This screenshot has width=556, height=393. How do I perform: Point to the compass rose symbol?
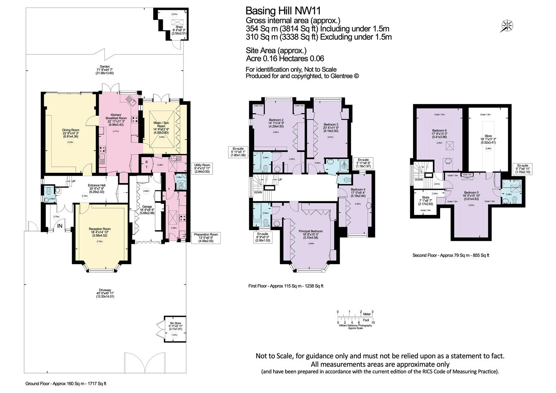[x=507, y=26]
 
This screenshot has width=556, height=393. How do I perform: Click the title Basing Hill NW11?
[x=283, y=11]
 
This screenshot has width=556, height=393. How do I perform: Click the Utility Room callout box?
[x=200, y=168]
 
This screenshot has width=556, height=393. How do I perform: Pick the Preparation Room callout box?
[x=206, y=237]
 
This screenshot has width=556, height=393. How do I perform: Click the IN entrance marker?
[x=60, y=226]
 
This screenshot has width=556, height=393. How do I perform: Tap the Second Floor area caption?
[x=450, y=255]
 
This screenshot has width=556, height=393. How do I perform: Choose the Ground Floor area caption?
[x=66, y=384]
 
